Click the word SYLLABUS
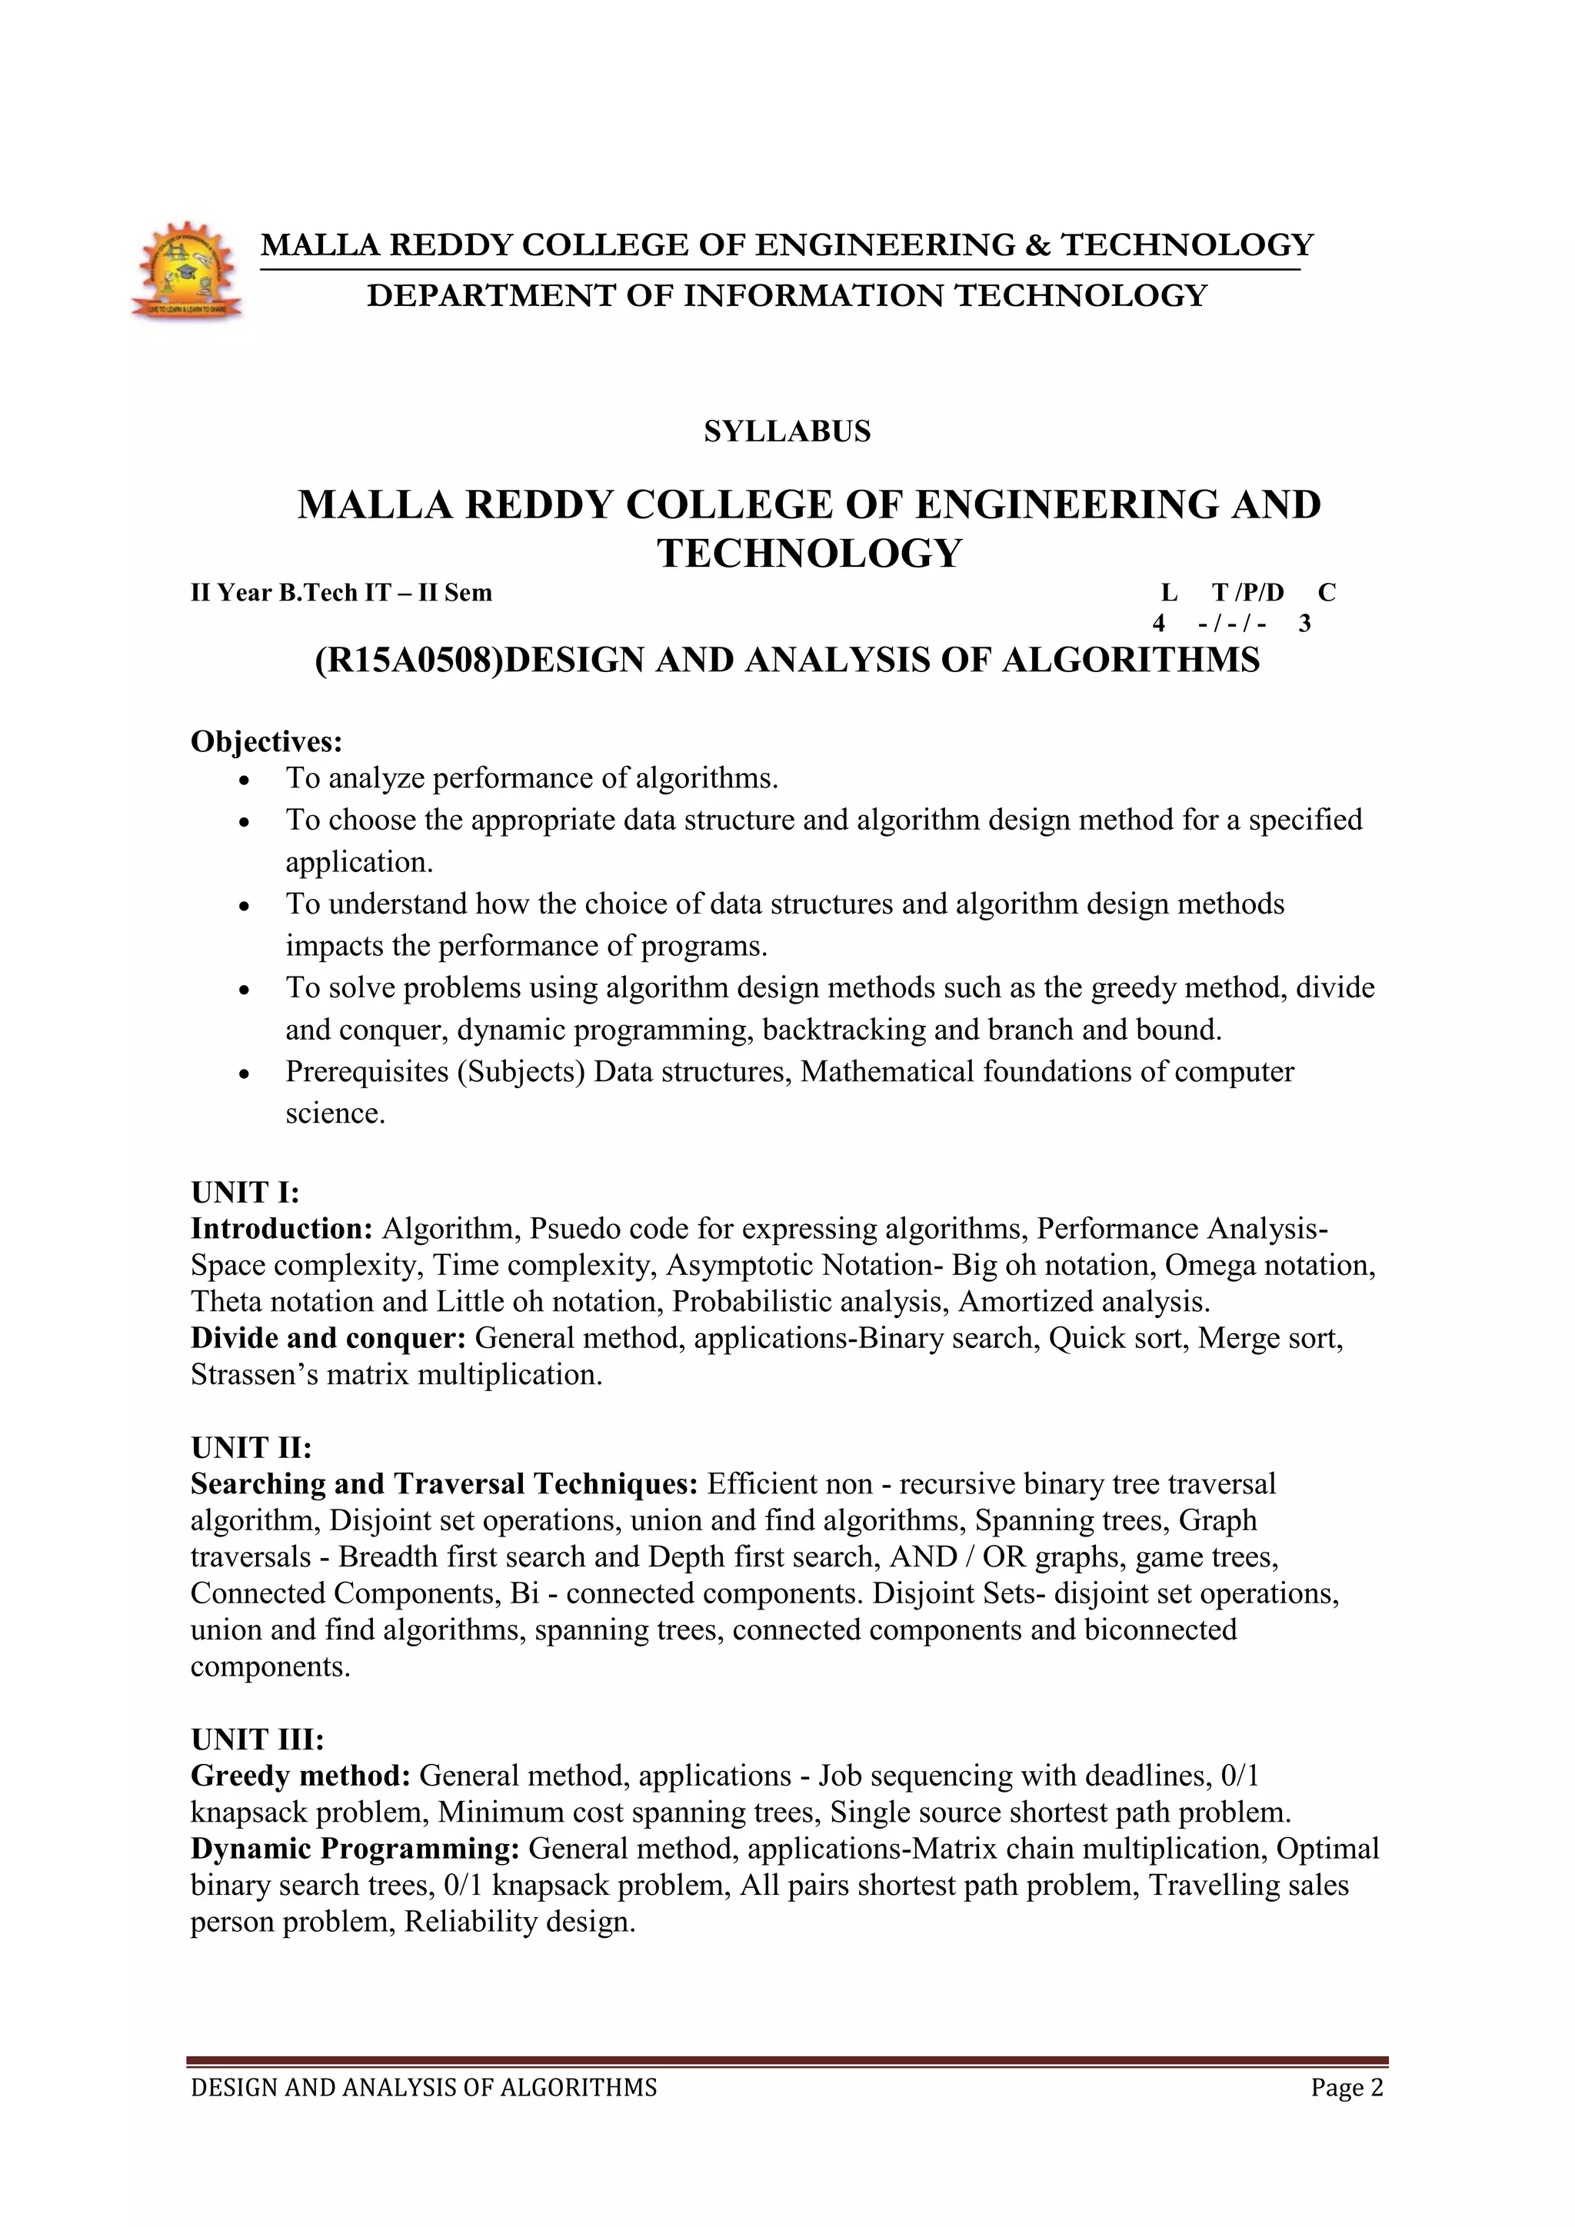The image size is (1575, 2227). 787,431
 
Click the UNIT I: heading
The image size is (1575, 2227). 245,1192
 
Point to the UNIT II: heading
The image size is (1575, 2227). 251,1447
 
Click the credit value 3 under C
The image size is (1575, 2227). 1304,623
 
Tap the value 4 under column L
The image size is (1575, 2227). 1158,623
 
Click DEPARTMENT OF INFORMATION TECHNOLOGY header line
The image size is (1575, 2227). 787,295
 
